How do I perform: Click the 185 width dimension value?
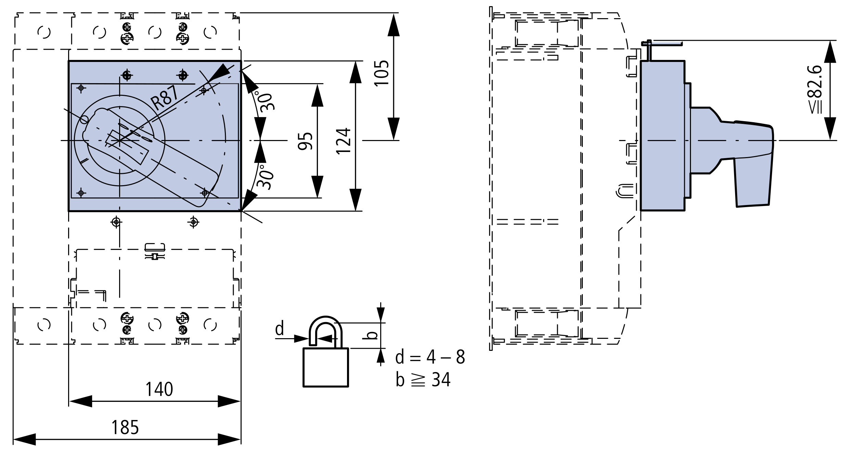coord(125,427)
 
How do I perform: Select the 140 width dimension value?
coord(159,389)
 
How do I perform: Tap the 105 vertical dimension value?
coord(382,73)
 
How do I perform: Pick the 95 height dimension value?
coord(305,141)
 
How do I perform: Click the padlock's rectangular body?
coord(326,367)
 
